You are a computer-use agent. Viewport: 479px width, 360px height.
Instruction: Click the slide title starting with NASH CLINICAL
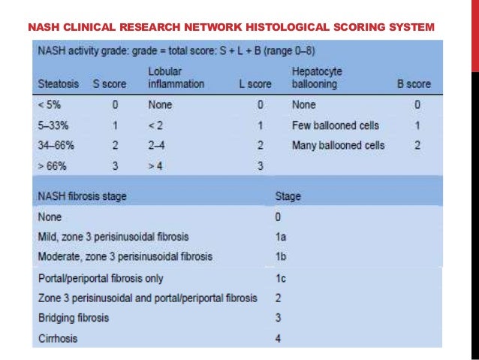click(x=230, y=28)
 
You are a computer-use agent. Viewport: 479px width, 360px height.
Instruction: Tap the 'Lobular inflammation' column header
click(x=176, y=78)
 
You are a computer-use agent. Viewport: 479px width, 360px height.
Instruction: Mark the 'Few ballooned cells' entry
click(x=335, y=125)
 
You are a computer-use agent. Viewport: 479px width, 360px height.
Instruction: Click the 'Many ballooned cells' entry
click(x=338, y=145)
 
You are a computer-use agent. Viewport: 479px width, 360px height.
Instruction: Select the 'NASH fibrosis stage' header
click(x=82, y=196)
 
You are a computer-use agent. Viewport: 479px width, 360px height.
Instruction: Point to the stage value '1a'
click(x=281, y=236)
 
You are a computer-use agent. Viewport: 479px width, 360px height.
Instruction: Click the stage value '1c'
click(x=281, y=278)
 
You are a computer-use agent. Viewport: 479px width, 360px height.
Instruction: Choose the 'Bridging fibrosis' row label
click(x=73, y=318)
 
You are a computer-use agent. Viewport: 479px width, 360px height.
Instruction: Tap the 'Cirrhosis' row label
click(x=57, y=339)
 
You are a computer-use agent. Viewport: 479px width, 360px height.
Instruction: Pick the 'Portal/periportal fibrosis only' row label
click(x=101, y=278)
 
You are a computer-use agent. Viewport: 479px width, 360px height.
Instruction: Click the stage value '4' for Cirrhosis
click(x=279, y=339)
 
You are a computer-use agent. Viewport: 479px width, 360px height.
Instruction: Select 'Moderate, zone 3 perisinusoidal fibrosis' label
click(x=125, y=256)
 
